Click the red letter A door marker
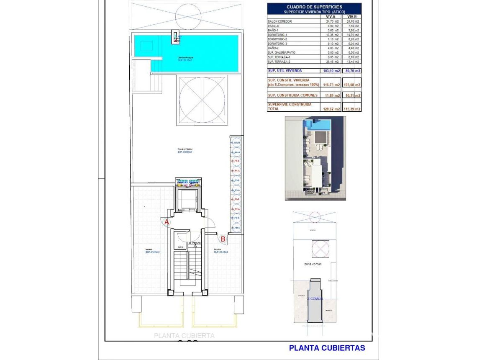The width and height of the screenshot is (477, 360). [167, 222]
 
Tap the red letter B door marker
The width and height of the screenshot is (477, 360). [223, 239]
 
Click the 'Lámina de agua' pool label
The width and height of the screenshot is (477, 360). [185, 58]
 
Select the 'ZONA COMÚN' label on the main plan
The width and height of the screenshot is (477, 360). [185, 150]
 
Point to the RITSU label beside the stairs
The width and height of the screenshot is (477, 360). [181, 247]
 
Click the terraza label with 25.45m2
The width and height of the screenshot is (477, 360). [152, 251]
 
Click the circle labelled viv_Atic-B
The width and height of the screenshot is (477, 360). [235, 143]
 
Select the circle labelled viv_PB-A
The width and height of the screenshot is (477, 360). [235, 227]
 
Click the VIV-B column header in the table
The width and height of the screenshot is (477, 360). [351, 16]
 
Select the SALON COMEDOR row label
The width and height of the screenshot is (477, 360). [280, 21]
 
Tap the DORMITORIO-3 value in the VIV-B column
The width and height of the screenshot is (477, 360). [352, 44]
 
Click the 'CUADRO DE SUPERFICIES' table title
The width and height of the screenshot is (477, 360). [314, 7]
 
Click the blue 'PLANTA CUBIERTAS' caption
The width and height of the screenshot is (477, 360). [327, 348]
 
